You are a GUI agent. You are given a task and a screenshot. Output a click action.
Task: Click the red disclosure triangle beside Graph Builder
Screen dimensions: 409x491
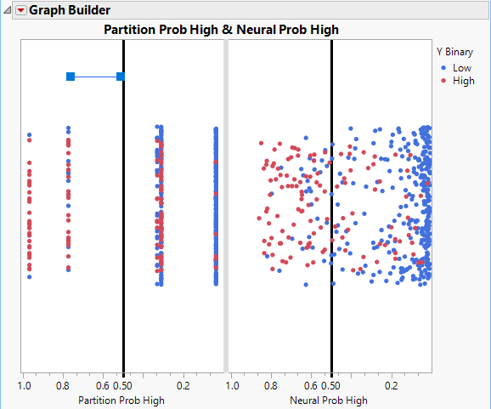21,10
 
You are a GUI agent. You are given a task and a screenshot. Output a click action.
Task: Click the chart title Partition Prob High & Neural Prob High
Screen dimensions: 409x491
221,30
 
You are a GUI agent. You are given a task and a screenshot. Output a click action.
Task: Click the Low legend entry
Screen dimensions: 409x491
462,67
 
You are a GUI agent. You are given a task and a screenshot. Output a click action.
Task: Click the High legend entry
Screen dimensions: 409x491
464,81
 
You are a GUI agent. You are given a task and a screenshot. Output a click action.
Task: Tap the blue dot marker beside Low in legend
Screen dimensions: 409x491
444,67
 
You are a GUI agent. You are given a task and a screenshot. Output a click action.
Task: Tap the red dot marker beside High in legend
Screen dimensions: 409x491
444,81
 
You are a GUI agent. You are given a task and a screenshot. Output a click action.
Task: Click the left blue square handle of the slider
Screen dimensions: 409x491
71,77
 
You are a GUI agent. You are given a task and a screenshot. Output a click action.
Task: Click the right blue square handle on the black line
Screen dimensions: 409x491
121,77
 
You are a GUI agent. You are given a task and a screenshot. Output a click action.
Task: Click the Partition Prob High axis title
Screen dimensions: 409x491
121,400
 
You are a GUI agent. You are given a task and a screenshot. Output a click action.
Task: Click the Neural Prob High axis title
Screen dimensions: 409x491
329,400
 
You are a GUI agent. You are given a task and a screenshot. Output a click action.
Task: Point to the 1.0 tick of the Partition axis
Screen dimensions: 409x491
25,385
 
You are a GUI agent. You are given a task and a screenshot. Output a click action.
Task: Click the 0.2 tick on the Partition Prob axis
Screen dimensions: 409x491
183,385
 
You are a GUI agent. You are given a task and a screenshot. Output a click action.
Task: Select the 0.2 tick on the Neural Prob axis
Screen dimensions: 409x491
391,385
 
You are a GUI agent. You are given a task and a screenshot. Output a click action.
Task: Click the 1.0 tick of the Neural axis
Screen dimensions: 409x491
233,385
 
